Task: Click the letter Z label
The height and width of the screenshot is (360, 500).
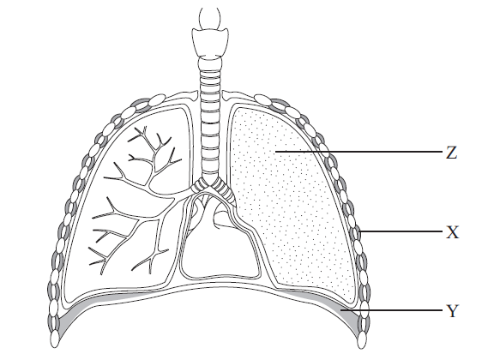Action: point(451,153)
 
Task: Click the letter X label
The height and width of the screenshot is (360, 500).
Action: point(452,232)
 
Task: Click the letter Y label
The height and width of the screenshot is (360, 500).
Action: point(452,310)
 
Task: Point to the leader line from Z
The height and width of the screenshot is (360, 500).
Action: point(359,152)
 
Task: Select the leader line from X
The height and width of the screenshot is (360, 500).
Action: point(401,231)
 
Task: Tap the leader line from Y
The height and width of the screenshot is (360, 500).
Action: point(392,309)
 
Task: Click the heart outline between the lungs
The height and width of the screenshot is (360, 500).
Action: point(220,242)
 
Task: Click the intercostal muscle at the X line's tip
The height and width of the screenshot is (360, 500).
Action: point(358,231)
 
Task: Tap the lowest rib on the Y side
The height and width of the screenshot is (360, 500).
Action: point(361,339)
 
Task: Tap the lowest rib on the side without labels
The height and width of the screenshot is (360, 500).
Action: point(55,339)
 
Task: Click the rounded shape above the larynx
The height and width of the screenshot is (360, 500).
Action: point(209,19)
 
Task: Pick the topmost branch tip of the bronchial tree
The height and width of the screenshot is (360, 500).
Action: point(145,128)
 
